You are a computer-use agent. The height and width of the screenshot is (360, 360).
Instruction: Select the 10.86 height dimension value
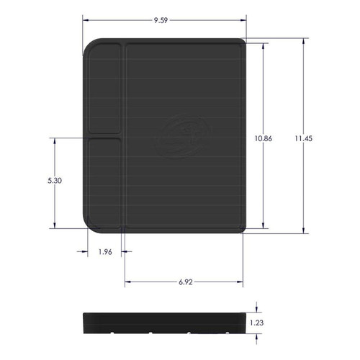click(x=264, y=139)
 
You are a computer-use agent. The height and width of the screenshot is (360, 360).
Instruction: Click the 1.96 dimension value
click(x=104, y=251)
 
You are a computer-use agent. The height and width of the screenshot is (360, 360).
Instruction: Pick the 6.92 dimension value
click(x=184, y=283)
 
